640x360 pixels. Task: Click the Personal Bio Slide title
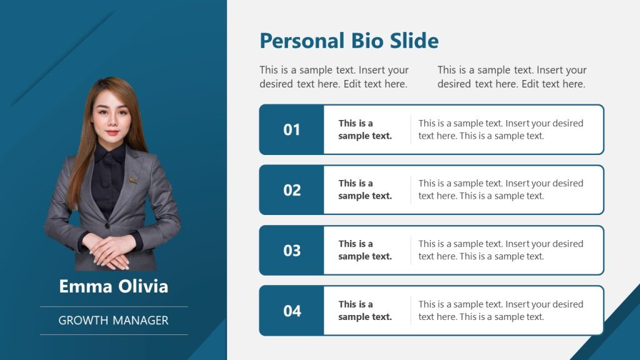349,41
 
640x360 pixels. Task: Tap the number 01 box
292,129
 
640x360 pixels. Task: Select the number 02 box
292,190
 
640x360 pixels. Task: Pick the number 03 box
292,251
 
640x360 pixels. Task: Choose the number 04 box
292,311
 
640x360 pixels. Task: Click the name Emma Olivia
114,286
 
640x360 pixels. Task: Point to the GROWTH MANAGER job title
114,320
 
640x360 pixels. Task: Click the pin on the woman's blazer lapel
133,180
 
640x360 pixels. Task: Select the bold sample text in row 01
365,129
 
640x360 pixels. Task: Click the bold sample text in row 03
365,250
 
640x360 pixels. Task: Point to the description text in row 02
501,189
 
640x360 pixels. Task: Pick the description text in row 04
501,311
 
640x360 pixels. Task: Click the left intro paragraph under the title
334,77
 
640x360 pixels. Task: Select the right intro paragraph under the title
512,77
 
